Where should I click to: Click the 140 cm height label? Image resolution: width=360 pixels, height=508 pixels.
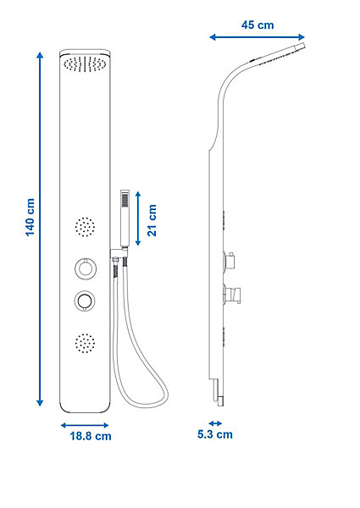[30, 218]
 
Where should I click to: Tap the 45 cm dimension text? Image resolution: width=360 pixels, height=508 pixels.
[258, 25]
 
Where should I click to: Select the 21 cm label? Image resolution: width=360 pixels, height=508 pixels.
[152, 220]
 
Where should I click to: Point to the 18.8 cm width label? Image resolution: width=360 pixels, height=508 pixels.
[91, 436]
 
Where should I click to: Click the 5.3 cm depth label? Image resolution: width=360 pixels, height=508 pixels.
[215, 434]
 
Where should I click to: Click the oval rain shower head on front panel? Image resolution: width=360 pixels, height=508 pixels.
[85, 63]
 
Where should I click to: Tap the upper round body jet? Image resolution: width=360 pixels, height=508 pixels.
[85, 227]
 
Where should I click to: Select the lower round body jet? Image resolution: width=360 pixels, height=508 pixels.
[85, 343]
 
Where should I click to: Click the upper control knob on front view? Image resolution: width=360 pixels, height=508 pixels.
[85, 268]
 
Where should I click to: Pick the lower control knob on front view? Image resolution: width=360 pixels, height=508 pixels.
[85, 301]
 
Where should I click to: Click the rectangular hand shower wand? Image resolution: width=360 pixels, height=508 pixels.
[125, 218]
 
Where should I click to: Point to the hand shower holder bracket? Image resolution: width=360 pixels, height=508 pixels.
[119, 253]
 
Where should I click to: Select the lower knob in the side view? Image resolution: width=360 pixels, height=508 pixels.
[232, 294]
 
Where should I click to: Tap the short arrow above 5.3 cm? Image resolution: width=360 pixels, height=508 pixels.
[215, 423]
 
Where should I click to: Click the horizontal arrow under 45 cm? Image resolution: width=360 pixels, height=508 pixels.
[257, 37]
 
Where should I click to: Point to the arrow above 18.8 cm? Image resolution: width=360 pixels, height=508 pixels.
[85, 425]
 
